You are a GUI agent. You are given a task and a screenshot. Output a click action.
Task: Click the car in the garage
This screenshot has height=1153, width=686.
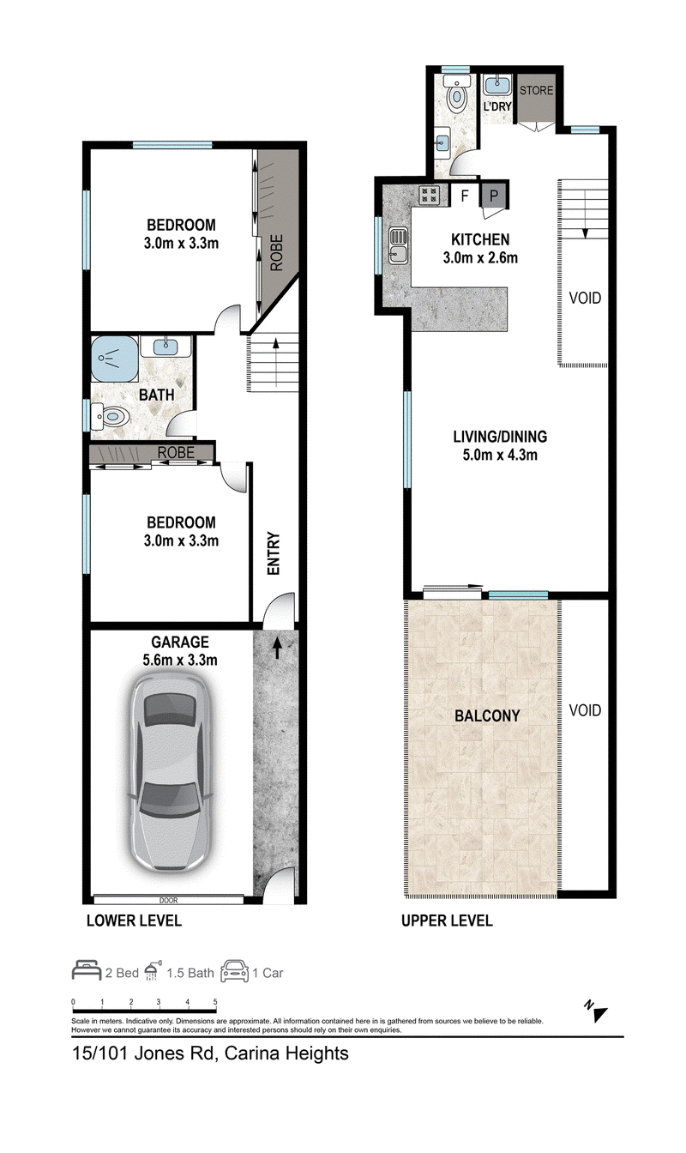coord(171,771)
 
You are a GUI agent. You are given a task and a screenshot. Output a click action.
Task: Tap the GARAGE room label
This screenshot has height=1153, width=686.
coord(179,643)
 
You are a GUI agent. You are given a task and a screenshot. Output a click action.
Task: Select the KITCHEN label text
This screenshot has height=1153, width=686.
coord(480,239)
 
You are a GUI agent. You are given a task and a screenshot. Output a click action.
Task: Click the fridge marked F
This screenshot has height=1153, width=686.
coord(465,196)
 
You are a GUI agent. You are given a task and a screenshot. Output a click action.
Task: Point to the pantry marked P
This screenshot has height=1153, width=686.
coord(494,196)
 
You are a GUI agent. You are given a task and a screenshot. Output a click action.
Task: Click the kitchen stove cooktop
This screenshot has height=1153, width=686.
coord(430,194)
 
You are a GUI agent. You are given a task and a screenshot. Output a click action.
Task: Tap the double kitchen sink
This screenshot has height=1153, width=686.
coord(399,246)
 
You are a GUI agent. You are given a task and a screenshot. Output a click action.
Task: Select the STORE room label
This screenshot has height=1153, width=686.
coord(536,90)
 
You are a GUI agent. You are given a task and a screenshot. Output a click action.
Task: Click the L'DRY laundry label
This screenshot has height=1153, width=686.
coord(497,106)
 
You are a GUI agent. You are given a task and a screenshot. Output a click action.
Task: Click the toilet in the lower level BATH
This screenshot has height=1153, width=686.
coord(110,418)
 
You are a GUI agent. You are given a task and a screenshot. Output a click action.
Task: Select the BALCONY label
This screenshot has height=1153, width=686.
coord(487,716)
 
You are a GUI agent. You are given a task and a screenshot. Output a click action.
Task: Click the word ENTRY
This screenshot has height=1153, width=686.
coord(274,553)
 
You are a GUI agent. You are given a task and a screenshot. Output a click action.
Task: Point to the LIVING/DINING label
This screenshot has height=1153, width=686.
coord(500,437)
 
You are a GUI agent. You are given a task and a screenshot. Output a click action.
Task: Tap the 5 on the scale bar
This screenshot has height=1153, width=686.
coord(215,1002)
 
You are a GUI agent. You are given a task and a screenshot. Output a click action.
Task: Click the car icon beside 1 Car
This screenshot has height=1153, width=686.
coord(234,971)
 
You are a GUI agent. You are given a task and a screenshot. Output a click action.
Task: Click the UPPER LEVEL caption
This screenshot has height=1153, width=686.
coord(447,921)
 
